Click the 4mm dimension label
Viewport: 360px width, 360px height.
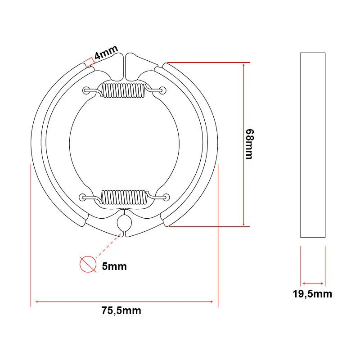pyautogui.click(x=106, y=52)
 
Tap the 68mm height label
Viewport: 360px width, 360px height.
pyautogui.click(x=250, y=144)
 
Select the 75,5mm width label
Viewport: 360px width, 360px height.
pyautogui.click(x=121, y=310)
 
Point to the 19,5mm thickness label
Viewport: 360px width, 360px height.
pyautogui.click(x=312, y=294)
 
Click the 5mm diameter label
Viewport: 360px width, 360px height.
pyautogui.click(x=114, y=266)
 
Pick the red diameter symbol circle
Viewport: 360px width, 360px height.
pyautogui.click(x=88, y=264)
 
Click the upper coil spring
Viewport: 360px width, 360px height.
pyautogui.click(x=123, y=90)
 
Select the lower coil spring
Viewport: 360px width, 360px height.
pyautogui.click(x=123, y=197)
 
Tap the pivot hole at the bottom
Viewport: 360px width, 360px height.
pyautogui.click(x=124, y=222)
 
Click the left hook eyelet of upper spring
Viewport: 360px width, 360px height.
pyautogui.click(x=86, y=90)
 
